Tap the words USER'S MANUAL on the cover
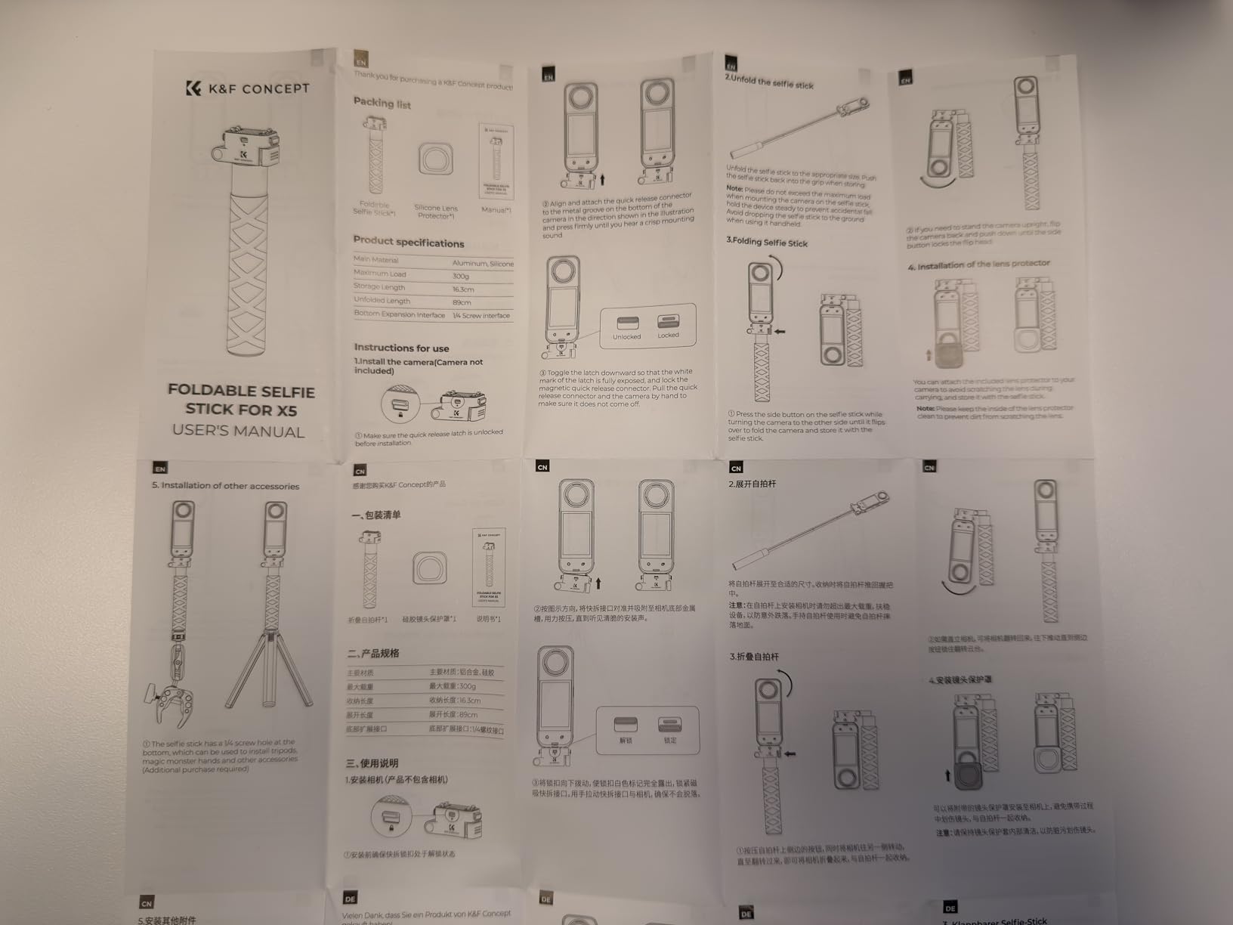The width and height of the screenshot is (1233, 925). point(238,432)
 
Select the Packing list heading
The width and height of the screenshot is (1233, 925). point(382,103)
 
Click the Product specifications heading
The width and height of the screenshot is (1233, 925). point(408,242)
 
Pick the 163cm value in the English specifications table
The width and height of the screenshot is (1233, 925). point(463,289)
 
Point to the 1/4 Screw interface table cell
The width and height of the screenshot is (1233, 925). point(481,316)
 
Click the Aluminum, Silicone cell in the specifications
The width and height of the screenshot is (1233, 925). point(482,263)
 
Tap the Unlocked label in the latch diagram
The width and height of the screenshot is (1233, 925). point(626,337)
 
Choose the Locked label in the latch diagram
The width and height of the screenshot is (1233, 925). point(668,335)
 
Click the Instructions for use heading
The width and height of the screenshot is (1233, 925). point(401,348)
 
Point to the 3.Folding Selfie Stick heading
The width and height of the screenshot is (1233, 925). point(767,243)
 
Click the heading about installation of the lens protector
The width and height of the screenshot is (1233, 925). point(978,265)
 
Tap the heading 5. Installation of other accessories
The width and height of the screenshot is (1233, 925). point(225,486)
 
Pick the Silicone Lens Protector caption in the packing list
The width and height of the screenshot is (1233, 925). point(436,212)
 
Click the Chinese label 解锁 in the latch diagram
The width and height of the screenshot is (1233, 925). point(626,741)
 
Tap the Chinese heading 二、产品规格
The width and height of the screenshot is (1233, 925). point(372,653)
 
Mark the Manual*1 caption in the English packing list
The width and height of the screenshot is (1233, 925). point(496,209)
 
